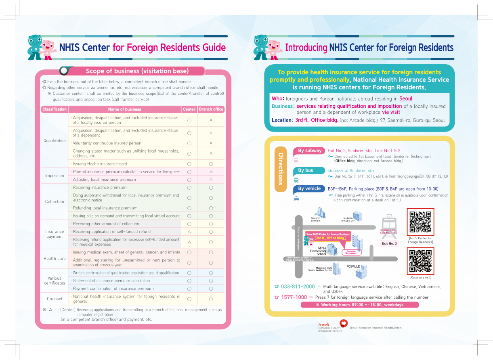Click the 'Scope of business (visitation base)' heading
(x=137, y=71)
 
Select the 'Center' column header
(x=189, y=109)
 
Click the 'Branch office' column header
(x=211, y=109)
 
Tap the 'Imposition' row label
(x=55, y=176)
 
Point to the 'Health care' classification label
(x=55, y=259)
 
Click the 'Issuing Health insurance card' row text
(x=100, y=164)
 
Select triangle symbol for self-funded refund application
(x=189, y=232)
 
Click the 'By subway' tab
(x=310, y=151)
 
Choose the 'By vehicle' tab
(x=309, y=188)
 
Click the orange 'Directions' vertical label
(x=281, y=169)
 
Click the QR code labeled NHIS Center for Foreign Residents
(x=420, y=222)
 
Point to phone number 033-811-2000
(x=298, y=287)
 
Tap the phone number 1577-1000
(x=294, y=297)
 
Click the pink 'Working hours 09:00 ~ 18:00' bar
(x=359, y=305)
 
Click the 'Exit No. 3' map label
(x=389, y=244)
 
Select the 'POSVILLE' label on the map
(x=353, y=267)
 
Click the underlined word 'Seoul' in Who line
(x=405, y=98)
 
